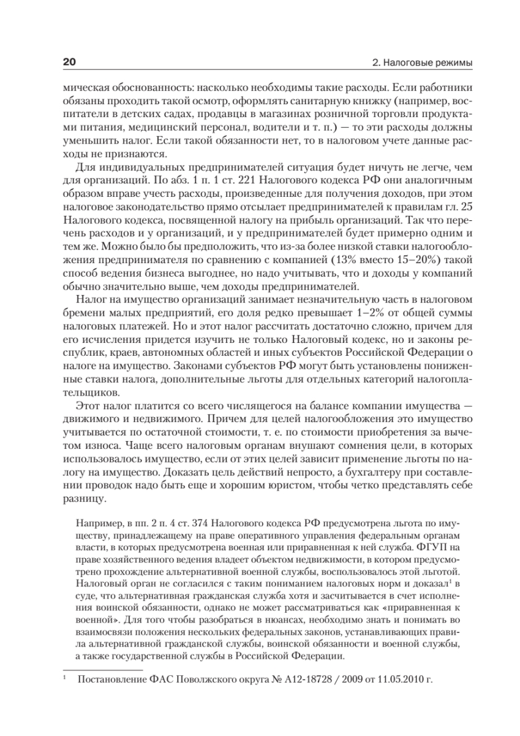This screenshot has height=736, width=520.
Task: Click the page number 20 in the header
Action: coord(69,63)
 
